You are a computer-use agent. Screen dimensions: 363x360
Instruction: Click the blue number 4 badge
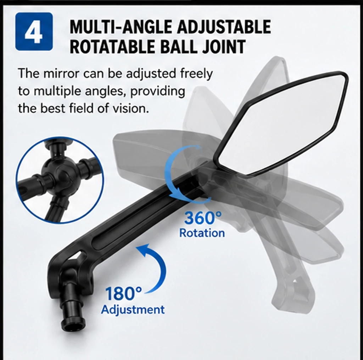(x=34, y=32)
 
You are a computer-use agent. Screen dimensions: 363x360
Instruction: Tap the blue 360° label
(x=203, y=218)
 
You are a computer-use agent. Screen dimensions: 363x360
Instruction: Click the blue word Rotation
(x=202, y=233)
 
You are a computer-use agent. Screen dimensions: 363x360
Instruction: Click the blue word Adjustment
(x=133, y=310)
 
